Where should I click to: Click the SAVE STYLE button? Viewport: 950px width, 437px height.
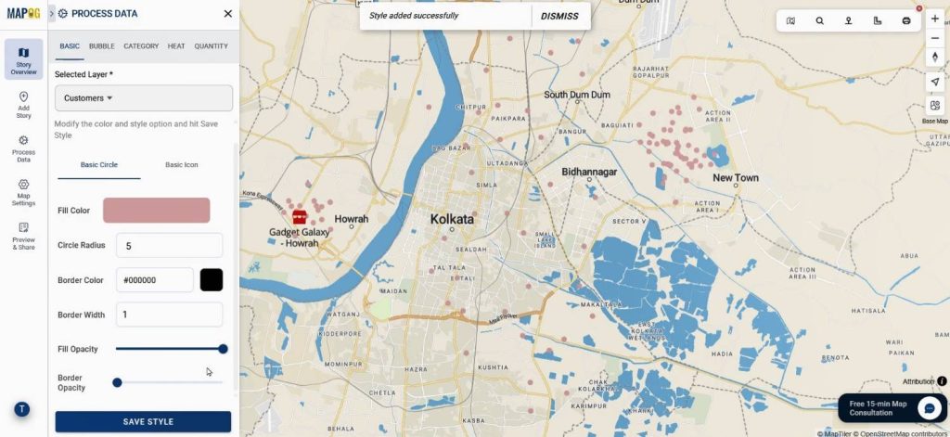pos(143,421)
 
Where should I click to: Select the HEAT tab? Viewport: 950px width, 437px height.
pos(176,45)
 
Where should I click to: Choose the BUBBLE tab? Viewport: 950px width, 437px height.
pos(102,45)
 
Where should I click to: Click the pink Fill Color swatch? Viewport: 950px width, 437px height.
pos(156,211)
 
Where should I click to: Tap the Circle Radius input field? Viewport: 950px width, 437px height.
pos(169,246)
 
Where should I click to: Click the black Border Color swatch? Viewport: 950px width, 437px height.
pos(212,280)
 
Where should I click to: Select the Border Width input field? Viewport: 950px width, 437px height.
pos(169,315)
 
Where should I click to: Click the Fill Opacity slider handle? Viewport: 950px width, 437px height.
pos(223,349)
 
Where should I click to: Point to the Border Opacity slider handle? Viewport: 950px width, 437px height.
pos(117,382)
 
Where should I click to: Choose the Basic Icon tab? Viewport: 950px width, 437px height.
pos(182,165)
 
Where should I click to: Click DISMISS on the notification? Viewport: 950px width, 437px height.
pos(559,16)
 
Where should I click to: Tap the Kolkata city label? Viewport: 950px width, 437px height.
pos(452,220)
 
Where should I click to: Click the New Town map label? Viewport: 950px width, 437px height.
pos(735,178)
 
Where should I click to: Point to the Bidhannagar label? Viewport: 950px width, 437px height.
pos(589,173)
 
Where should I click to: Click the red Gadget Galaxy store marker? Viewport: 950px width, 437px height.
pos(300,215)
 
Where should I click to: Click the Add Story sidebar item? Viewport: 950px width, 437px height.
pos(23,104)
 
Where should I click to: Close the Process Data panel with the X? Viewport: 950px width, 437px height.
pos(228,14)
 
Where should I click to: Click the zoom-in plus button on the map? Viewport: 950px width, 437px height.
pos(934,19)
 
